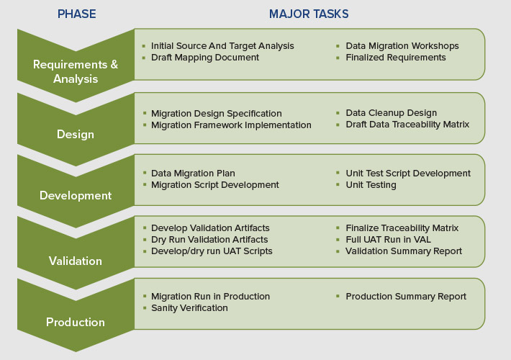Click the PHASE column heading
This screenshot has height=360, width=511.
point(76,14)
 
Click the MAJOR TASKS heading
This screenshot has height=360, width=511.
point(309,14)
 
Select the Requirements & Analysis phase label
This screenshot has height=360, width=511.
point(76,71)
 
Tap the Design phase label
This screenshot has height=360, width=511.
point(76,134)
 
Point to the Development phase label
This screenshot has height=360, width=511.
point(76,195)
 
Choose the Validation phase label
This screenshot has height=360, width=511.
point(76,261)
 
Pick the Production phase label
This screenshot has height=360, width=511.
point(76,322)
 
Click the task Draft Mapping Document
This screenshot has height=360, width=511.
point(205,58)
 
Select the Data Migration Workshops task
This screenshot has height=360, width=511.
point(402,46)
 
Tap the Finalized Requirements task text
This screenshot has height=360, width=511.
point(396,58)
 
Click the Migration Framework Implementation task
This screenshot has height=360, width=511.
point(231,125)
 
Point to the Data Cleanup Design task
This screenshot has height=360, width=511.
point(391,113)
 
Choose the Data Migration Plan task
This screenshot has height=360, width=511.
point(193,174)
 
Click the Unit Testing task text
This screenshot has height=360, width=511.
point(371,185)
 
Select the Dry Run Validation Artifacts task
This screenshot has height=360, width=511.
point(209,240)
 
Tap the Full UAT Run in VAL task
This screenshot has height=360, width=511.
point(387,240)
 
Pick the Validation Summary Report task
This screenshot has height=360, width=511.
point(404,251)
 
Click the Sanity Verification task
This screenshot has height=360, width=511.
point(189,308)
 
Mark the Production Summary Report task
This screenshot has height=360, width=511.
point(406,297)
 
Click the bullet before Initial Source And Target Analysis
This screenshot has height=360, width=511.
point(144,46)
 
